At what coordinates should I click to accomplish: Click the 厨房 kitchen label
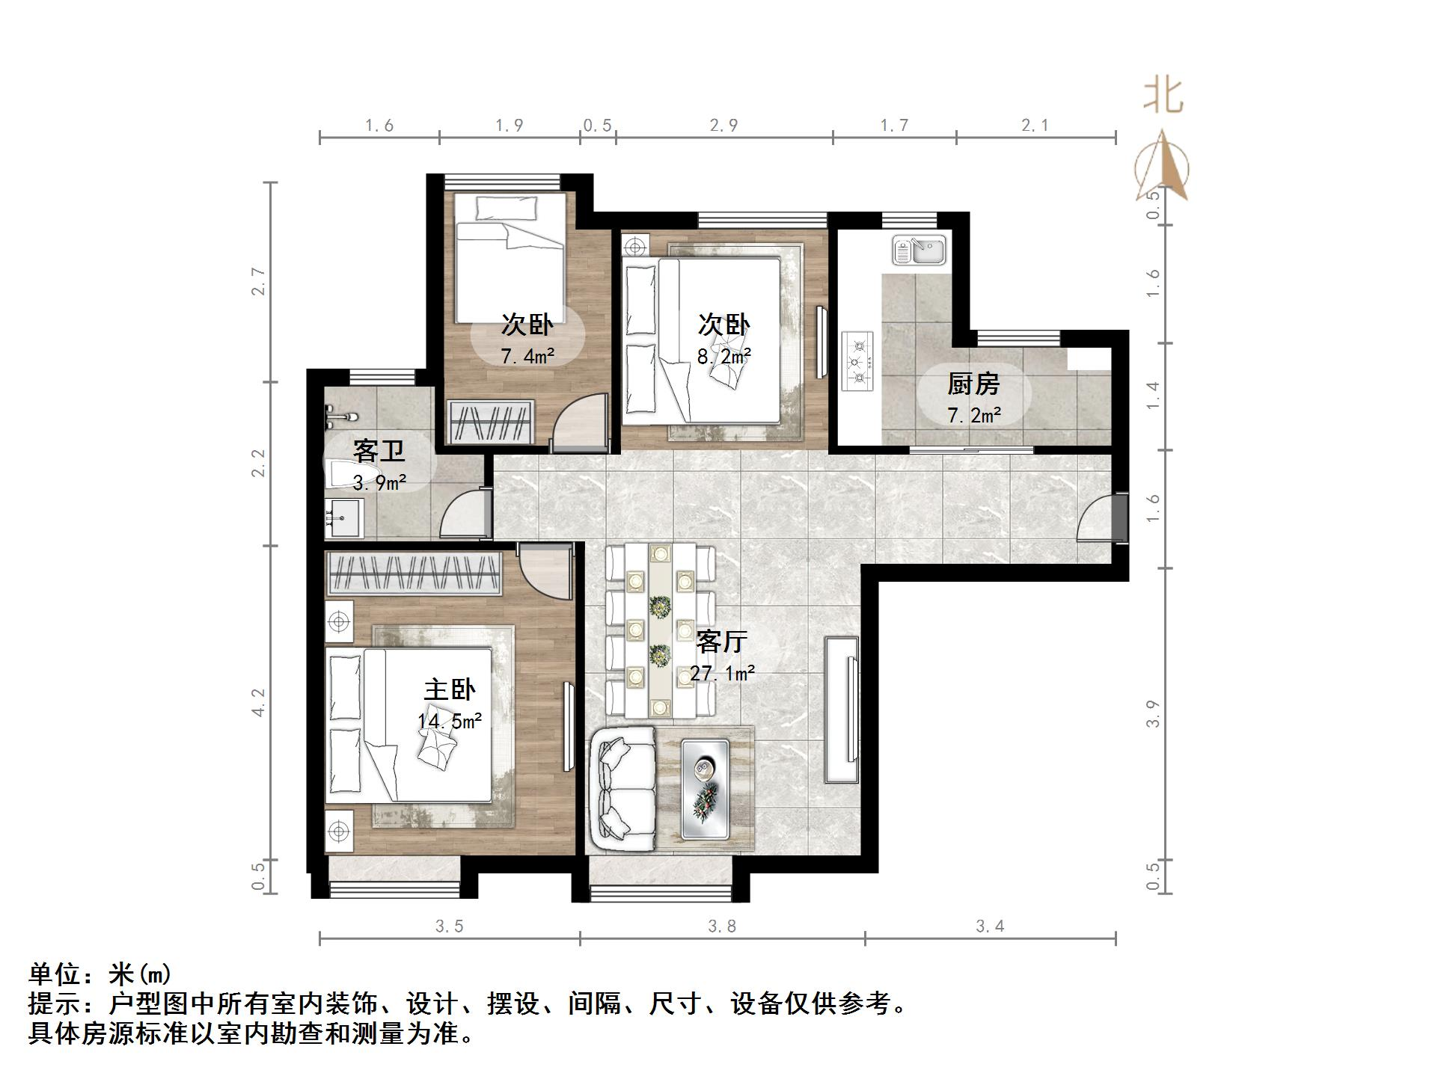[973, 384]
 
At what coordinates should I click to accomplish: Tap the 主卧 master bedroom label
[449, 689]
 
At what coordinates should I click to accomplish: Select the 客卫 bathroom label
[379, 452]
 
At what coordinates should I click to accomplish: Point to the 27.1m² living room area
[722, 673]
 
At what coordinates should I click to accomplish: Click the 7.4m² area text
[527, 356]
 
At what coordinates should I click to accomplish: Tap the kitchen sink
[920, 251]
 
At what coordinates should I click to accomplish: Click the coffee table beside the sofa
[705, 789]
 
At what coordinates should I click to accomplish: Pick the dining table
[659, 630]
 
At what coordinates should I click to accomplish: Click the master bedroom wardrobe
[414, 574]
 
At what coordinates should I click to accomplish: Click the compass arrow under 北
[1162, 167]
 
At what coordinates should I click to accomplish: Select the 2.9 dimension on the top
[723, 126]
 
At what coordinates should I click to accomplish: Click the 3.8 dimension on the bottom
[722, 926]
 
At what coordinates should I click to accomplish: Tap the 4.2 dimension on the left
[258, 702]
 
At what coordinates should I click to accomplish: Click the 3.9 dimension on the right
[1153, 713]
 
